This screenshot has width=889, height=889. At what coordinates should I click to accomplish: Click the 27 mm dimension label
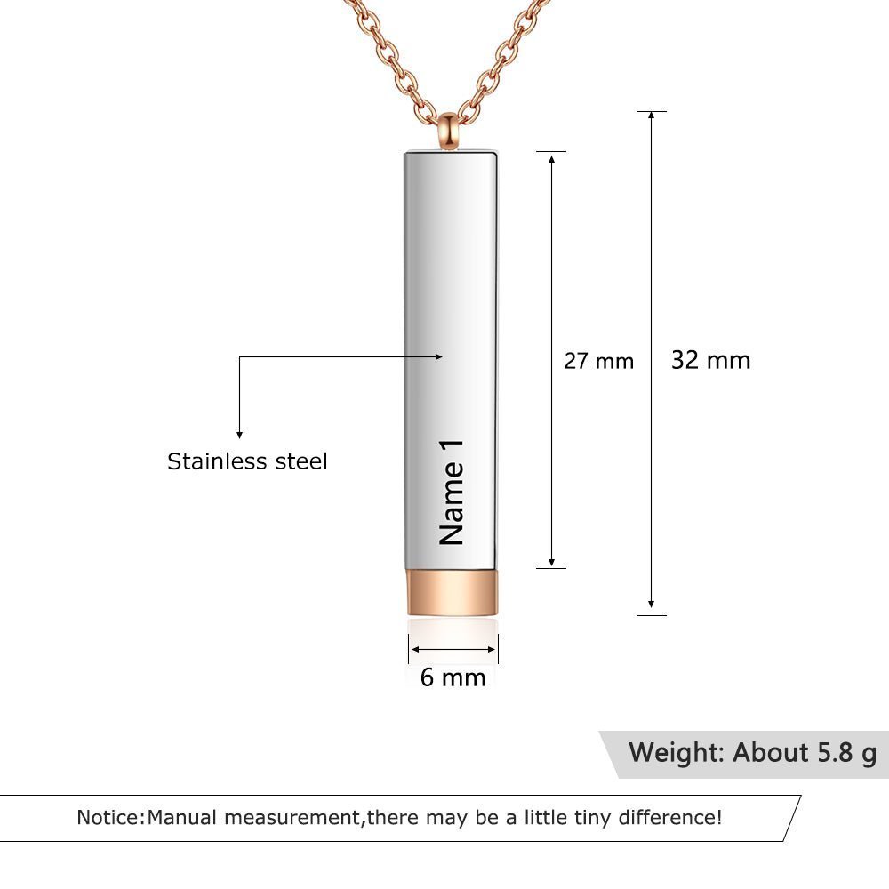[599, 361]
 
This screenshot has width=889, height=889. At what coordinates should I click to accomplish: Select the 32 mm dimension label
[710, 360]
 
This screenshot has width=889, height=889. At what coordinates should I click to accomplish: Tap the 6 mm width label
[453, 677]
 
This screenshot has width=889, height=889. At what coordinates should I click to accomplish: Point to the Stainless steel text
[247, 461]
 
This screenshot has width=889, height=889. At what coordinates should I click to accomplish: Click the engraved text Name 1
[453, 493]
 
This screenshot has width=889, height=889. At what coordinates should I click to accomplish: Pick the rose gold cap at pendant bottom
[453, 592]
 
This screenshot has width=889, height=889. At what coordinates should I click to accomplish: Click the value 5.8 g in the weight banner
[845, 753]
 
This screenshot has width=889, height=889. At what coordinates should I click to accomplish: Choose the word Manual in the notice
[182, 817]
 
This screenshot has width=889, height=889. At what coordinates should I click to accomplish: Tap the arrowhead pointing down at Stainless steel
[239, 433]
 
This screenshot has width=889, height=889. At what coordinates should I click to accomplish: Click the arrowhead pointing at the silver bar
[437, 356]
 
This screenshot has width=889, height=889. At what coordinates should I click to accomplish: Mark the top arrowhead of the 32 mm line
[652, 116]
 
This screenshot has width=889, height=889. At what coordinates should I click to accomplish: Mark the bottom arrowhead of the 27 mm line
[552, 562]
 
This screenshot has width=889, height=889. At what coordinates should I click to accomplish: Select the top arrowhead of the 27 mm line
[552, 157]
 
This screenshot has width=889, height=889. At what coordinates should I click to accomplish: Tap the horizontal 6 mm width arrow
[453, 650]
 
